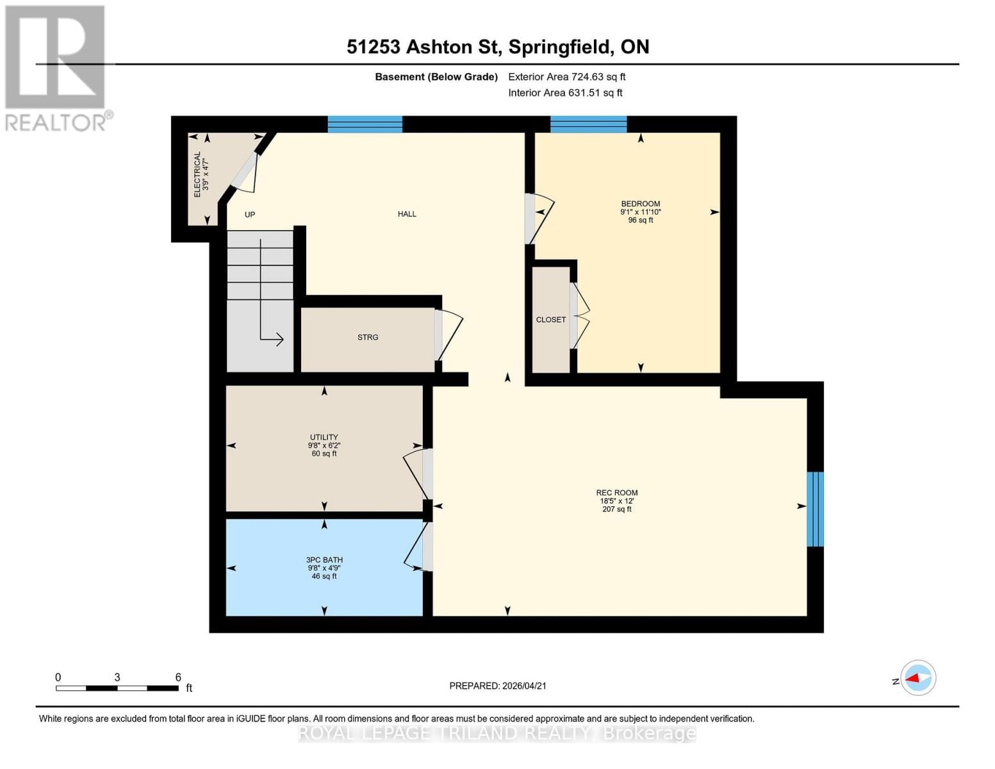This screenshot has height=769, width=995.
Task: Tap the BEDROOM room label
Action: pos(640,204)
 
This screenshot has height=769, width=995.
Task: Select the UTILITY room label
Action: pos(324,438)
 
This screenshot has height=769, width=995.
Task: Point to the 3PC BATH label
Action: pos(324,560)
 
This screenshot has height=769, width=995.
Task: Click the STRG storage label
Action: pos(368,337)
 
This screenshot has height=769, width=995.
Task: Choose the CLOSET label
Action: pos(551,320)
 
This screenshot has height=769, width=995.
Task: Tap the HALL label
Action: pos(407,214)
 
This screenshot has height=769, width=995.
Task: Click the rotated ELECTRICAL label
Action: pos(197,174)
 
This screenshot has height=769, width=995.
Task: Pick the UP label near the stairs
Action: pos(250,215)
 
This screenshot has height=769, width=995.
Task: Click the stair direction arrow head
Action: pos(279,339)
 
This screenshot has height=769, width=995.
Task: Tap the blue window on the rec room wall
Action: pos(815,509)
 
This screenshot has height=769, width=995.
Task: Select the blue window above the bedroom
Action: pos(588,124)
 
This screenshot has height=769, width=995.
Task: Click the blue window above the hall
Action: pos(365,124)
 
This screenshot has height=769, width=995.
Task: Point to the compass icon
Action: pos(917,678)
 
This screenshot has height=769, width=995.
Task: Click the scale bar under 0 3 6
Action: pos(117,688)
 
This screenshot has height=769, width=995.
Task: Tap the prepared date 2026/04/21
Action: pos(498,686)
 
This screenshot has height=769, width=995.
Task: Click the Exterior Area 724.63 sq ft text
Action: pos(566,77)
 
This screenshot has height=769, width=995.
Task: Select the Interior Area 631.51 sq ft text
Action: pos(565,93)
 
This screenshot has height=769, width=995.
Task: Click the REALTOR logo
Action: pos(56,67)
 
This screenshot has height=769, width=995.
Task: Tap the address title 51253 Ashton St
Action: pos(497,47)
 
